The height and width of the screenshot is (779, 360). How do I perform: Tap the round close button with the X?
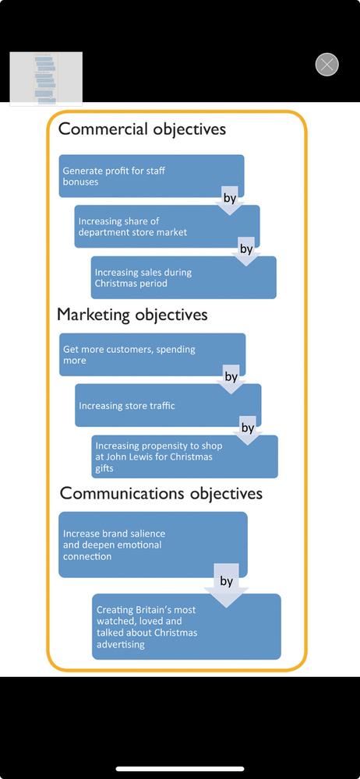[326, 65]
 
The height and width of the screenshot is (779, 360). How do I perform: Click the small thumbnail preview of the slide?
[46, 79]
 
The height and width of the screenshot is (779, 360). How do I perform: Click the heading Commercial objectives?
[142, 129]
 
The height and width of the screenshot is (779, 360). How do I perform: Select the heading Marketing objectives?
[132, 315]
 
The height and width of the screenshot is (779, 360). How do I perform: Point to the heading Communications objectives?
[161, 493]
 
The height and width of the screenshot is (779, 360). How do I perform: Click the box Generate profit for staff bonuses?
[151, 176]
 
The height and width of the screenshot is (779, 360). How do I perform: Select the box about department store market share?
[167, 227]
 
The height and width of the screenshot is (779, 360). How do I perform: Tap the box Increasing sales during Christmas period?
[183, 278]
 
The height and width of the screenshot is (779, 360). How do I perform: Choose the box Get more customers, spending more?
[152, 354]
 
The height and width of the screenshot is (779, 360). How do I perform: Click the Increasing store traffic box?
[168, 405]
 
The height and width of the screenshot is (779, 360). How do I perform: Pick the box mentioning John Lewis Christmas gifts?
[185, 456]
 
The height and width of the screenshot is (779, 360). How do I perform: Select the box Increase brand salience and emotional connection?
[153, 545]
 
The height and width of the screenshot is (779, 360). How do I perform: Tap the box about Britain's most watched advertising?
[186, 626]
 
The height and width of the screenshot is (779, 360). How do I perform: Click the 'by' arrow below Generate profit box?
[229, 200]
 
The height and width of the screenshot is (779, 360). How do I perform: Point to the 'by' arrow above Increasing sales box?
[246, 252]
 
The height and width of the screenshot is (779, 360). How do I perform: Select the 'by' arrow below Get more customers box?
[231, 379]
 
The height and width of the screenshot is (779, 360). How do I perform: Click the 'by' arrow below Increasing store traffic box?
[247, 430]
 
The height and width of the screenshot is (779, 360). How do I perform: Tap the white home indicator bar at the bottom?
[180, 769]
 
